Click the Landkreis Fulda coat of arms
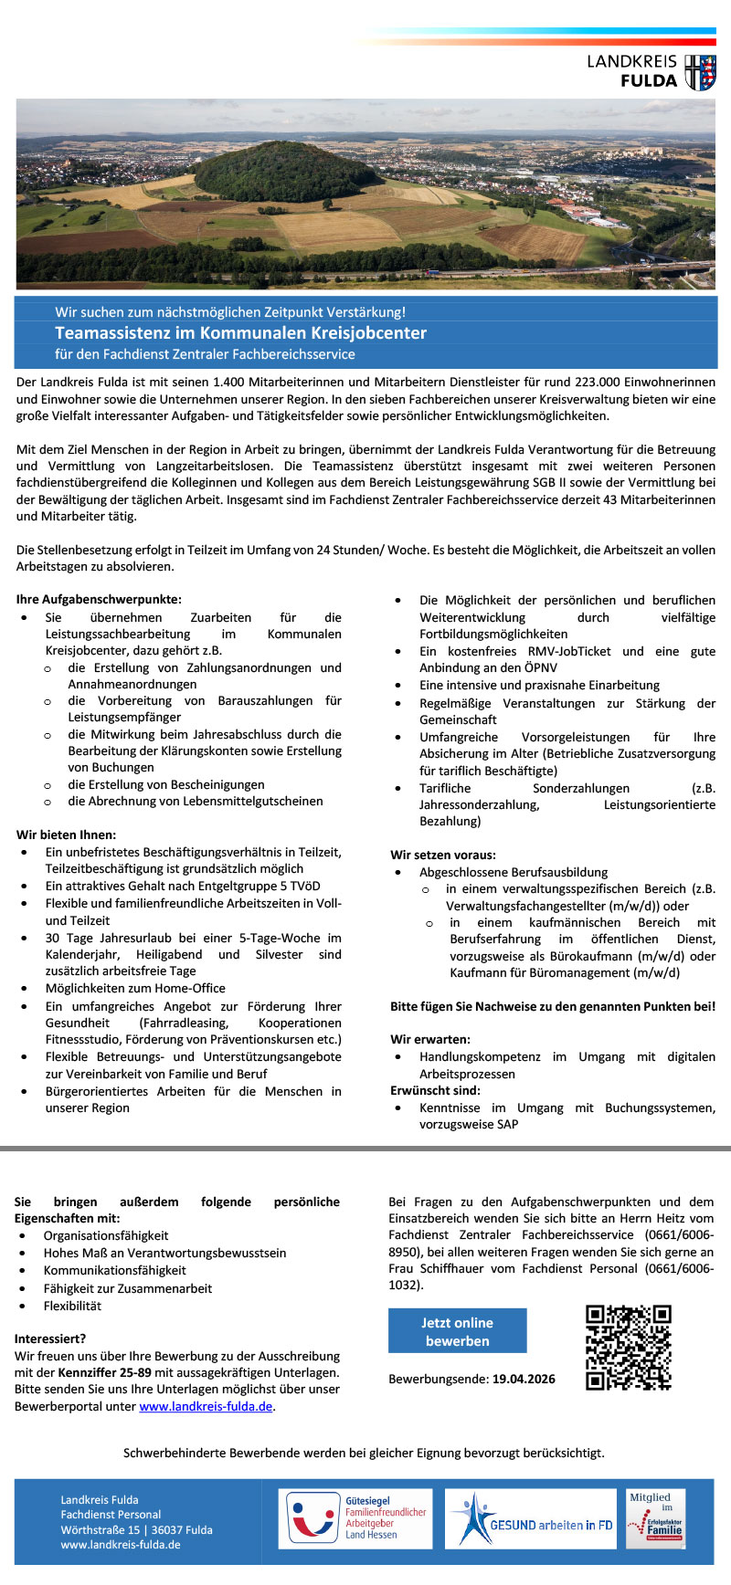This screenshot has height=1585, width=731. (701, 72)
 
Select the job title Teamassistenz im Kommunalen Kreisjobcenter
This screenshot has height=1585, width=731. (240, 333)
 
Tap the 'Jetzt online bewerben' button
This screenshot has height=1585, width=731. (457, 1331)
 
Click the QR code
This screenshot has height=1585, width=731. (629, 1347)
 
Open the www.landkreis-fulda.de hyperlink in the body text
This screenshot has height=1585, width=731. (206, 1406)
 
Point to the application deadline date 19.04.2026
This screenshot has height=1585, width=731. (524, 1379)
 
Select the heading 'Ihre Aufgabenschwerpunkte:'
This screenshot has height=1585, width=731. (99, 600)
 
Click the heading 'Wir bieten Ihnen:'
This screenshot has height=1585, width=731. (67, 834)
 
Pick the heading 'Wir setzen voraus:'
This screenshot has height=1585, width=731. (443, 855)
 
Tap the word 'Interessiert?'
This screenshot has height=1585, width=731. (50, 1338)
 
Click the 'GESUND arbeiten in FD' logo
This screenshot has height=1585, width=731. (530, 1518)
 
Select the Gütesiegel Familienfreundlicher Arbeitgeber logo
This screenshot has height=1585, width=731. (355, 1518)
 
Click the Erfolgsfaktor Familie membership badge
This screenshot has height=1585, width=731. (654, 1518)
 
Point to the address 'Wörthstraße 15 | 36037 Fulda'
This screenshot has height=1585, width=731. (136, 1529)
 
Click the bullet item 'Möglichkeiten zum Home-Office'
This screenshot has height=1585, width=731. (135, 988)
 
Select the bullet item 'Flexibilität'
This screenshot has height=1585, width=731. (72, 1306)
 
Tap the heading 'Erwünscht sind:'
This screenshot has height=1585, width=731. (435, 1090)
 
